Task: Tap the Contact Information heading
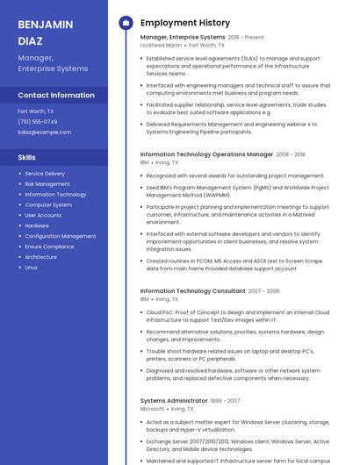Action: [56, 95]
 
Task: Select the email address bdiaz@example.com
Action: [44, 132]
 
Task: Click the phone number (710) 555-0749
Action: [37, 122]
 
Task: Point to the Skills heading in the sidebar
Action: [26, 157]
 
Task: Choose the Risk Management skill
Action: [47, 184]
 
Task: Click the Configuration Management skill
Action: [60, 236]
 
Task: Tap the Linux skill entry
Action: [31, 267]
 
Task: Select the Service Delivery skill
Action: [45, 174]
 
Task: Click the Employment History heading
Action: [185, 23]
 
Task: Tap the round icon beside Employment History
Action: [126, 23]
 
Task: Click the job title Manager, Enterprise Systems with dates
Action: [201, 38]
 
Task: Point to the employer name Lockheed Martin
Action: [161, 45]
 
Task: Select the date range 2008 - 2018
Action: [291, 154]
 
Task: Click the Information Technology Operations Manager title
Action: [206, 154]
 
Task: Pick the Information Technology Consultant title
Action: [192, 290]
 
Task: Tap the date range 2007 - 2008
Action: [263, 290]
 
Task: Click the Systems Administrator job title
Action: [173, 401]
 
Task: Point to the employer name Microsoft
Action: [152, 409]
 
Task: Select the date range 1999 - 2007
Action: [225, 401]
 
